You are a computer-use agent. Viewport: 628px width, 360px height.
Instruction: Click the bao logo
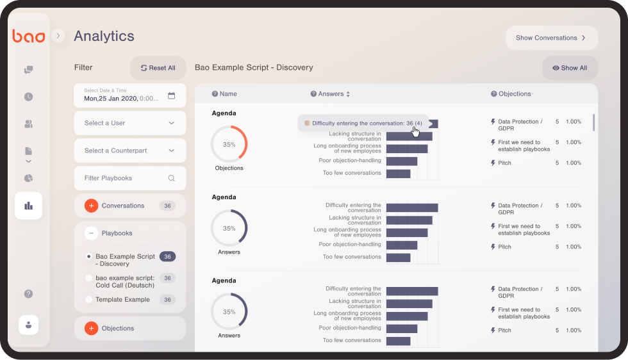[28, 37]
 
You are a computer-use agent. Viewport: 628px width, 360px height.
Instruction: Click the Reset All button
[158, 68]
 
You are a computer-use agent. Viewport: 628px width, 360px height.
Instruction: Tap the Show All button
[570, 68]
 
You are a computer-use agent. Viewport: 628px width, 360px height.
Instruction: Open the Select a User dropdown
[129, 123]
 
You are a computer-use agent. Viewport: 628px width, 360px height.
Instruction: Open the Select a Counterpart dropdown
[129, 151]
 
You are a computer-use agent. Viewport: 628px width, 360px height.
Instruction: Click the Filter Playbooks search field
[129, 178]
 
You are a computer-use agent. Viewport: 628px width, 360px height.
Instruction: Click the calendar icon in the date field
[171, 96]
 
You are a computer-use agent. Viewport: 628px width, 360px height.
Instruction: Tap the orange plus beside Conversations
[91, 206]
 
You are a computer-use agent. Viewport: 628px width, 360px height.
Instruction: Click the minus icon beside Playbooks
[91, 233]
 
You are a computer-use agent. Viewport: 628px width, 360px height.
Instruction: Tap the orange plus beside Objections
[91, 328]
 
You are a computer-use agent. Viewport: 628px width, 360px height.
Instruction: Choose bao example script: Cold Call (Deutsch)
[124, 282]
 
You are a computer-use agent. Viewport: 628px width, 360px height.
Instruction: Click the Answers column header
[331, 94]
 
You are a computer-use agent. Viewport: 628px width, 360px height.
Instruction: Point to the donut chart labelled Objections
[229, 144]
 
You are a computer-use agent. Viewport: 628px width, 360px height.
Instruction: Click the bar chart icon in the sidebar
[28, 206]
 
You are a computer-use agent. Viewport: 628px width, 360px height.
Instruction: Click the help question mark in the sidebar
[28, 294]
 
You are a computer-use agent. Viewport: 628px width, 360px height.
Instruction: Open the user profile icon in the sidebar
[28, 325]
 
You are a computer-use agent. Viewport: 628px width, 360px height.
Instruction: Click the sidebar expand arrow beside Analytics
[58, 36]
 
